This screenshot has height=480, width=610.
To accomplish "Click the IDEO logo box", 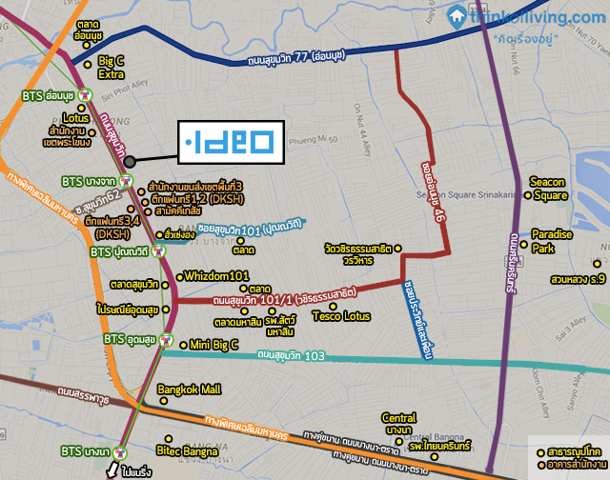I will (227, 144).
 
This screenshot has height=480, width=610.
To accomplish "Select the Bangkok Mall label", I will (190, 390).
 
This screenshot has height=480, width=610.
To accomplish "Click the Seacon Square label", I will (549, 189).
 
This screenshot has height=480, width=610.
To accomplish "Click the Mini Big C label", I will (213, 344).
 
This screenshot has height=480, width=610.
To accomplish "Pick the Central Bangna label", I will (399, 424).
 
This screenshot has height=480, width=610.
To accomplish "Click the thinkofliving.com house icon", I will (457, 15).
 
